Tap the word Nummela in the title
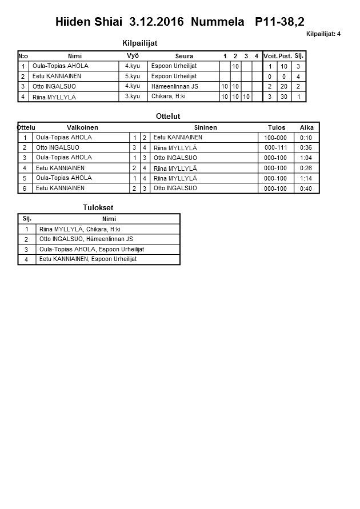tap(217, 22)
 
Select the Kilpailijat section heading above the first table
tap(140, 43)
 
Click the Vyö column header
tap(133, 56)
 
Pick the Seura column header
tap(184, 56)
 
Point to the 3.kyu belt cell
tap(133, 97)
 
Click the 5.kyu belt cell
tap(133, 76)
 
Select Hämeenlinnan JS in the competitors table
tap(175, 86)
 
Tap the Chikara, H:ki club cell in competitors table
tap(169, 97)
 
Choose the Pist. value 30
tap(285, 97)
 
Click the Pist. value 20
tap(285, 87)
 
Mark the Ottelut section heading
tap(168, 116)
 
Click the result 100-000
tap(276, 138)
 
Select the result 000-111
tap(276, 148)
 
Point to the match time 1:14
tap(306, 178)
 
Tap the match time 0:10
tap(306, 138)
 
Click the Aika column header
tap(306, 127)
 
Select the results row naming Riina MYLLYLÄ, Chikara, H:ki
tap(80, 229)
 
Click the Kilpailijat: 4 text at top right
tap(323, 34)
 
